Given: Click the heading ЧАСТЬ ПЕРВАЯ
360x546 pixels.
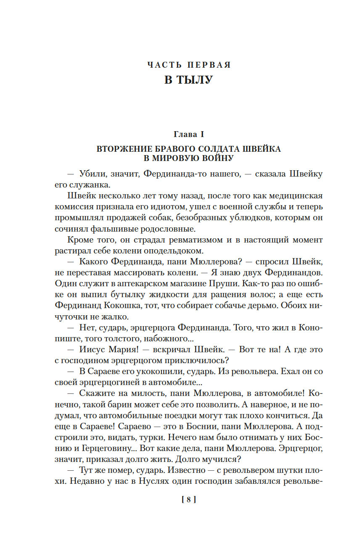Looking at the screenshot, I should point(189,65).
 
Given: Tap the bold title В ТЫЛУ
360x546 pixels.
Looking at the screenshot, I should point(189,80).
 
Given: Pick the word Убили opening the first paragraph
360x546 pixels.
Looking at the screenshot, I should point(93,174).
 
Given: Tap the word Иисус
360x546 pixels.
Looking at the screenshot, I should point(93,350).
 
